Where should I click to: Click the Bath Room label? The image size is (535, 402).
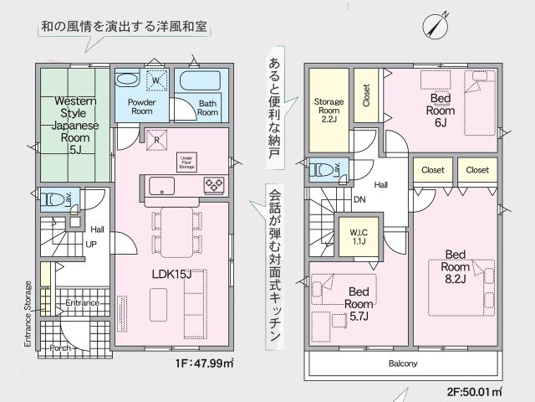pyautogui.click(x=207, y=107)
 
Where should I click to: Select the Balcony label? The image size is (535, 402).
pyautogui.click(x=403, y=363)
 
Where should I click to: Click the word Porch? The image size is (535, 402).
pyautogui.click(x=59, y=346)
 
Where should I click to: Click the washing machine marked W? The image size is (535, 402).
pyautogui.click(x=155, y=80)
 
